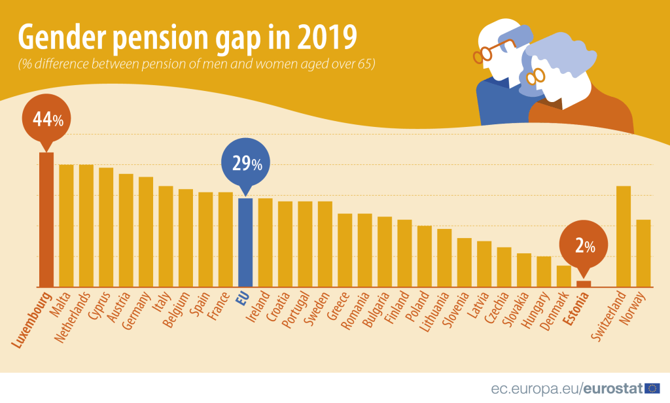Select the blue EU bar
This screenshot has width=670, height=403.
pyautogui.click(x=245, y=243)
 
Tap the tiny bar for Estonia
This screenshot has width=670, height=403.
pyautogui.click(x=584, y=284)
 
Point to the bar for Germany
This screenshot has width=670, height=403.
pyautogui.click(x=145, y=232)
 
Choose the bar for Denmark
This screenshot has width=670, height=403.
pyautogui.click(x=563, y=276)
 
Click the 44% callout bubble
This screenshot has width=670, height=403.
pyautogui.click(x=45, y=120)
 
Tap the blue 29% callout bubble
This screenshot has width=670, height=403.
pyautogui.click(x=245, y=163)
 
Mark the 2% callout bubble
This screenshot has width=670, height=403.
pyautogui.click(x=584, y=246)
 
